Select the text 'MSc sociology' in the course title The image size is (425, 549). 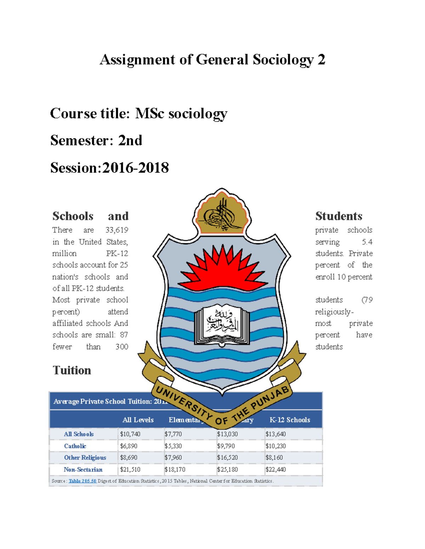[x=181, y=114]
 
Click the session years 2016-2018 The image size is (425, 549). [x=135, y=168]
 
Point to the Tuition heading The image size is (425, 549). [x=72, y=370]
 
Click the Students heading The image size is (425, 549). [x=339, y=216]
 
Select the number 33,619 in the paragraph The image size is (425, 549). [x=117, y=230]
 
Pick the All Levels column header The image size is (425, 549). [x=138, y=420]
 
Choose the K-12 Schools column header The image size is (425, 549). [x=290, y=420]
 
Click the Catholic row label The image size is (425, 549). [x=75, y=446]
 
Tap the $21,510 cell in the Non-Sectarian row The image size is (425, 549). [x=130, y=470]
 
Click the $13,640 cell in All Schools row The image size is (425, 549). [x=275, y=434]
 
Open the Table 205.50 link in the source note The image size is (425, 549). [x=82, y=481]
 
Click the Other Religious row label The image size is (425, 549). [x=85, y=458]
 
